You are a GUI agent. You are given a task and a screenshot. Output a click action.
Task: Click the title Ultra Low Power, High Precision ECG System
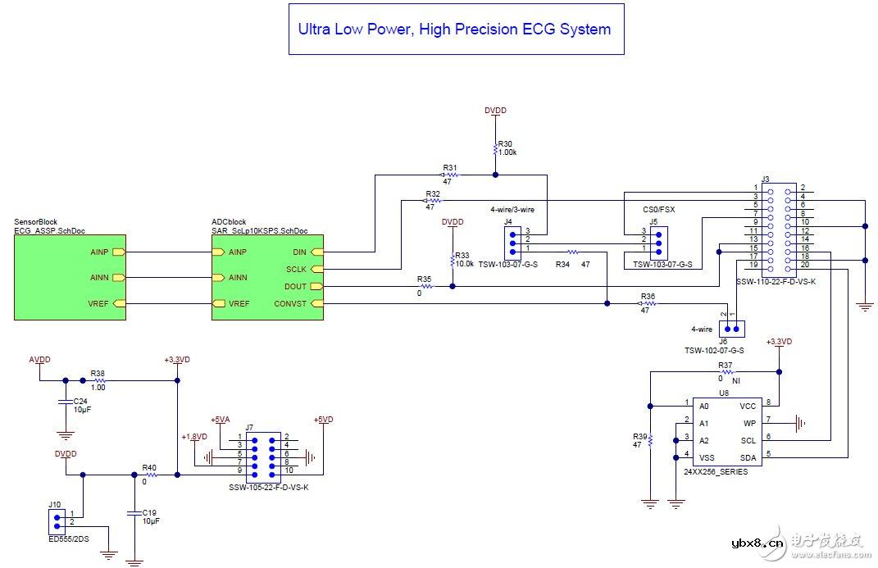pyautogui.click(x=454, y=30)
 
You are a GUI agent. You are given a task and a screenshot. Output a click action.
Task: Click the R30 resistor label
pyautogui.click(x=505, y=143)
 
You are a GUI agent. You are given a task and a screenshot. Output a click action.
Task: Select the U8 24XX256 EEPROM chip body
pyautogui.click(x=725, y=431)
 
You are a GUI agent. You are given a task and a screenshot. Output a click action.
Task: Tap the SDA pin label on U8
pyautogui.click(x=747, y=457)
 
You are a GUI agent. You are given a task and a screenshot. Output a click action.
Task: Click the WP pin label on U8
pyautogui.click(x=748, y=423)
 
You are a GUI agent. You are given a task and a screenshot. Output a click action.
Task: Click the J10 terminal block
pyautogui.click(x=56, y=518)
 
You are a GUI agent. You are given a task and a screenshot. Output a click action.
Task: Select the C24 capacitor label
pyautogui.click(x=80, y=401)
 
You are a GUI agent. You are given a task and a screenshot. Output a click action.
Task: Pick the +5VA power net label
pyautogui.click(x=221, y=420)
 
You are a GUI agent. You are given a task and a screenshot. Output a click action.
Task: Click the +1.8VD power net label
pyautogui.click(x=195, y=436)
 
